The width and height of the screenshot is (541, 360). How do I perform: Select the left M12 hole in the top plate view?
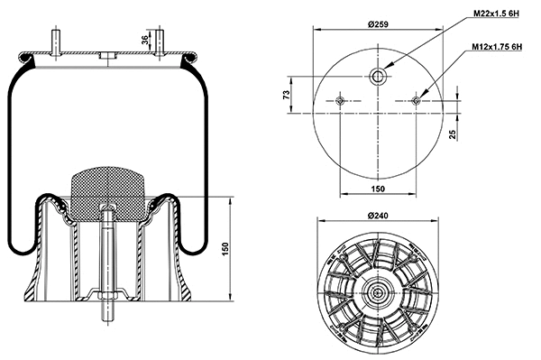(x=340, y=101)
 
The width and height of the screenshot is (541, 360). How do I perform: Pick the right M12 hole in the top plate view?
(x=415, y=101)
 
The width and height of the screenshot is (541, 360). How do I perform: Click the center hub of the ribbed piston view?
(x=377, y=291)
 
